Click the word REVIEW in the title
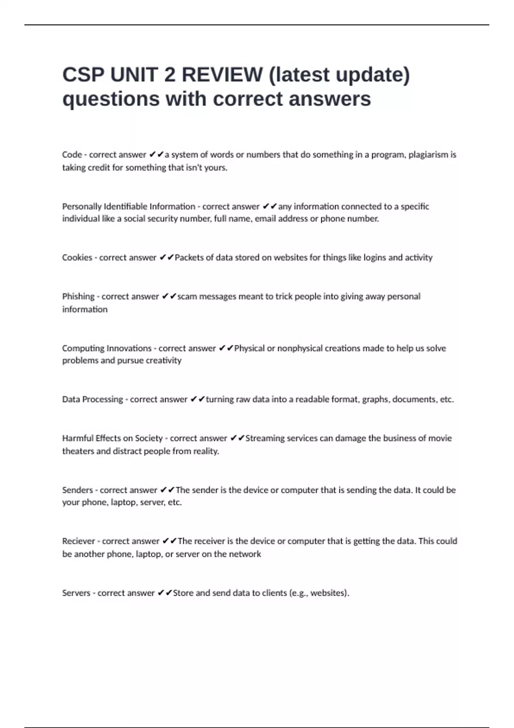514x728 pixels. pyautogui.click(x=222, y=75)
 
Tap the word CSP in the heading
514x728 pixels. pyautogui.click(x=83, y=75)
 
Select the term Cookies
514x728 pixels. pyautogui.click(x=77, y=257)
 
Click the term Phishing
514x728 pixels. pyautogui.click(x=78, y=296)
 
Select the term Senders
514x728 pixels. pyautogui.click(x=77, y=490)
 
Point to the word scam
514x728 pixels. pyautogui.click(x=187, y=296)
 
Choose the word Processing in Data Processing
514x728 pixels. pyautogui.click(x=102, y=399)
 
